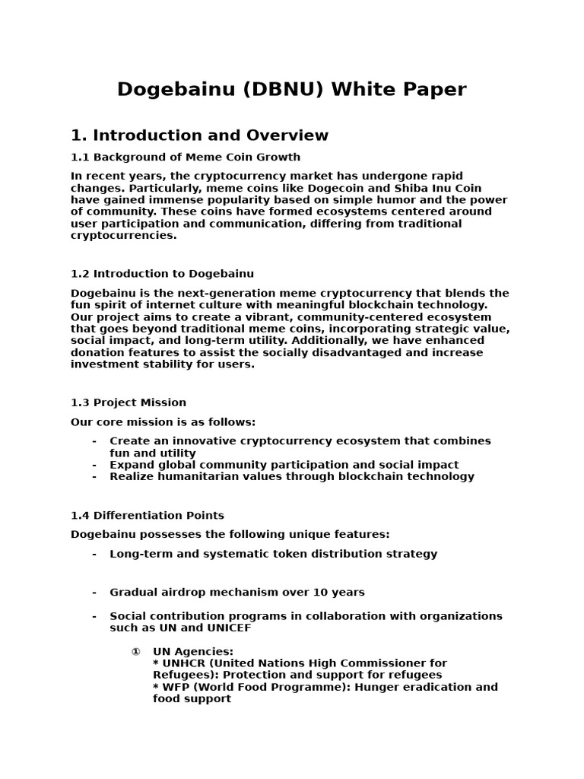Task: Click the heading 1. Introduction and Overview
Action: point(199,135)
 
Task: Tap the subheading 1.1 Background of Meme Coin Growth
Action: point(185,157)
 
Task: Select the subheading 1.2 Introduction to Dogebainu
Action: point(162,274)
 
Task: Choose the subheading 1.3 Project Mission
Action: point(129,402)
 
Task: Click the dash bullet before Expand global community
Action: point(94,465)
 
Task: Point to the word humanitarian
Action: point(187,477)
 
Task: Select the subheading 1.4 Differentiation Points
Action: point(148,516)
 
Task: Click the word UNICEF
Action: point(227,628)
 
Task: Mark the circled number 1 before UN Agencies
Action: point(135,652)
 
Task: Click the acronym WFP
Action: point(174,687)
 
